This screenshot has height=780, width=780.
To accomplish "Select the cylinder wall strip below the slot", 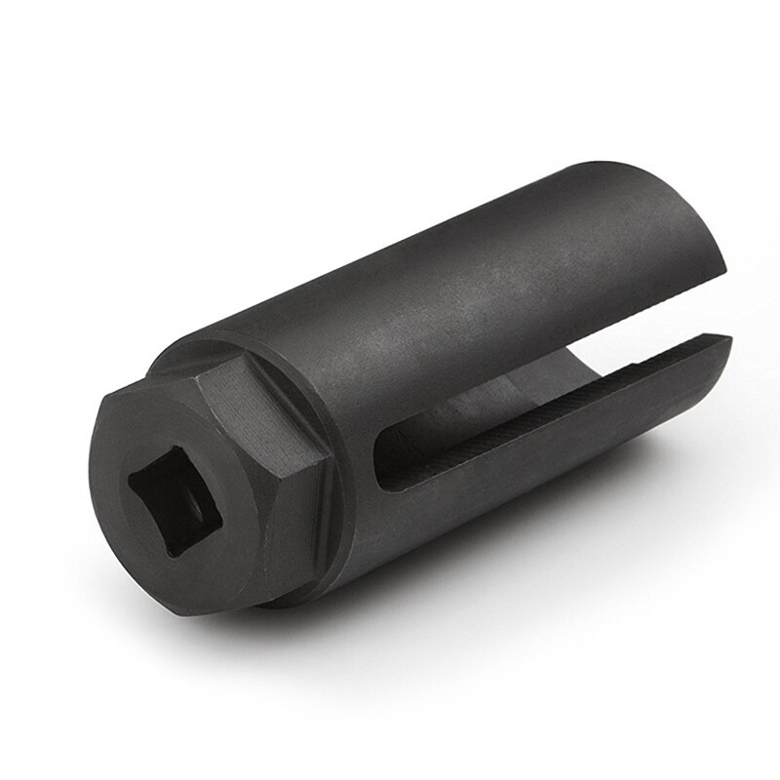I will pyautogui.click(x=507, y=487).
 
